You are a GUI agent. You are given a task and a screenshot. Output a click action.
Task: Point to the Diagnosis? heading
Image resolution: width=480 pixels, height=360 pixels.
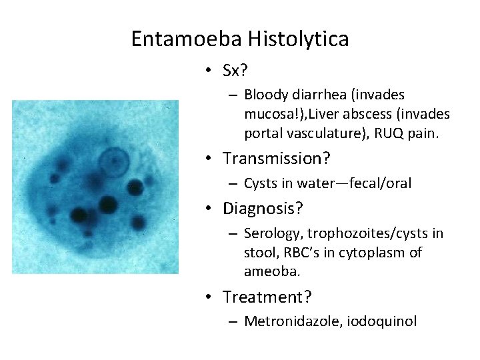click(263, 209)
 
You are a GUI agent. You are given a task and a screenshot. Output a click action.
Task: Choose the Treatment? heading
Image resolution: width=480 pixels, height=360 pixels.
click(265, 296)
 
